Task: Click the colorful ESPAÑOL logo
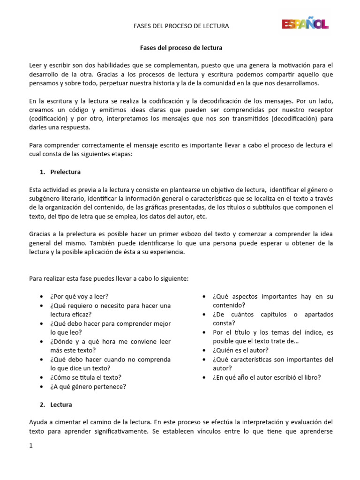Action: coord(305,23)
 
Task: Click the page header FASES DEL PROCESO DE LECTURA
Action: coord(181,26)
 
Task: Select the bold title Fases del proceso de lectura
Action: coord(181,48)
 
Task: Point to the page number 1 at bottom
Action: coord(31,446)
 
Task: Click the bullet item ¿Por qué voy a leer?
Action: coord(79,297)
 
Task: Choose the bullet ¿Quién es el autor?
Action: coord(240,350)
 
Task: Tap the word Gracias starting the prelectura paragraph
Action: coord(39,234)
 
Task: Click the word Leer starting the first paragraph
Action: coord(36,65)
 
